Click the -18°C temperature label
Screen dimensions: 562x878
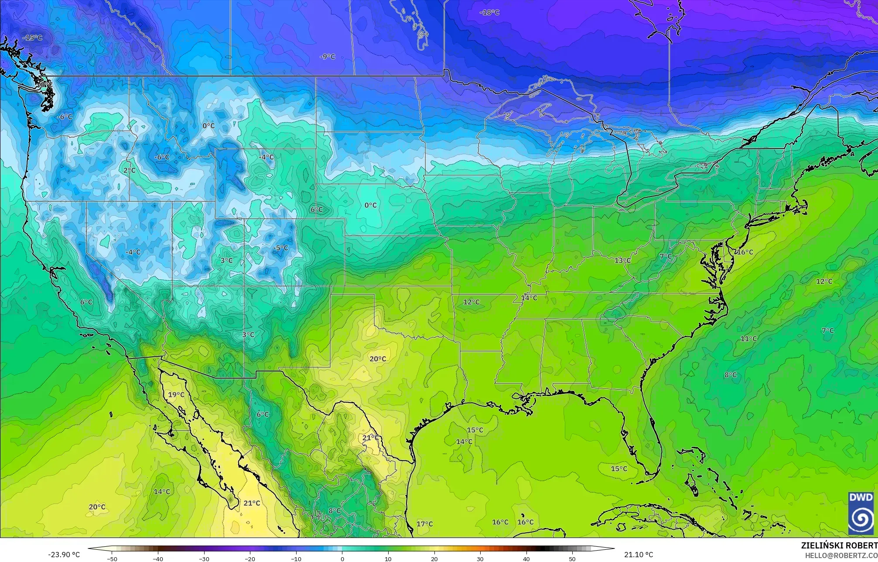coord(489,13)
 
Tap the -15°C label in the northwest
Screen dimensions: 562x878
coord(33,38)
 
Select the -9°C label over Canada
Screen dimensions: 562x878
coord(327,57)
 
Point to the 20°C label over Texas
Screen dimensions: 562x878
coord(378,359)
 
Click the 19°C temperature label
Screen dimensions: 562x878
coord(176,395)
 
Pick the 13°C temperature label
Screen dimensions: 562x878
coord(622,261)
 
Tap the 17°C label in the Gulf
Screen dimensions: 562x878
coord(424,524)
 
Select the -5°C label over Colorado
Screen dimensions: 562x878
coord(280,248)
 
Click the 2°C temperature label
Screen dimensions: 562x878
coord(129,170)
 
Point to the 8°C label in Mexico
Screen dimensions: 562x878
coord(335,511)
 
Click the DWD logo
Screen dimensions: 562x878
coord(861,513)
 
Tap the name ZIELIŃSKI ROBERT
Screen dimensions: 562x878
coord(839,545)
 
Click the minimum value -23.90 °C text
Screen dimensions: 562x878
coord(64,555)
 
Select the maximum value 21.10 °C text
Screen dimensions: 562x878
coord(639,555)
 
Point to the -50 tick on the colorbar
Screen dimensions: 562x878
coord(112,559)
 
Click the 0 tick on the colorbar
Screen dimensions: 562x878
coord(342,559)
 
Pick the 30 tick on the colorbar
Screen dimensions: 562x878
coord(480,559)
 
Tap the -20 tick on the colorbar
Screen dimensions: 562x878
coord(250,559)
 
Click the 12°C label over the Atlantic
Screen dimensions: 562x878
coord(824,282)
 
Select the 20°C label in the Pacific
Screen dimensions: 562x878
coord(97,507)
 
